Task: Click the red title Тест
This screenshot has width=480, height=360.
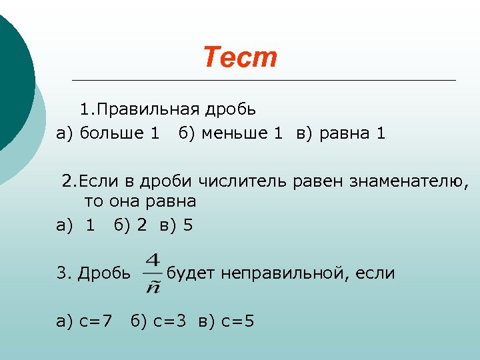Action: tap(239, 58)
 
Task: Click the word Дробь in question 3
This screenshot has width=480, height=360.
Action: tap(104, 273)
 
